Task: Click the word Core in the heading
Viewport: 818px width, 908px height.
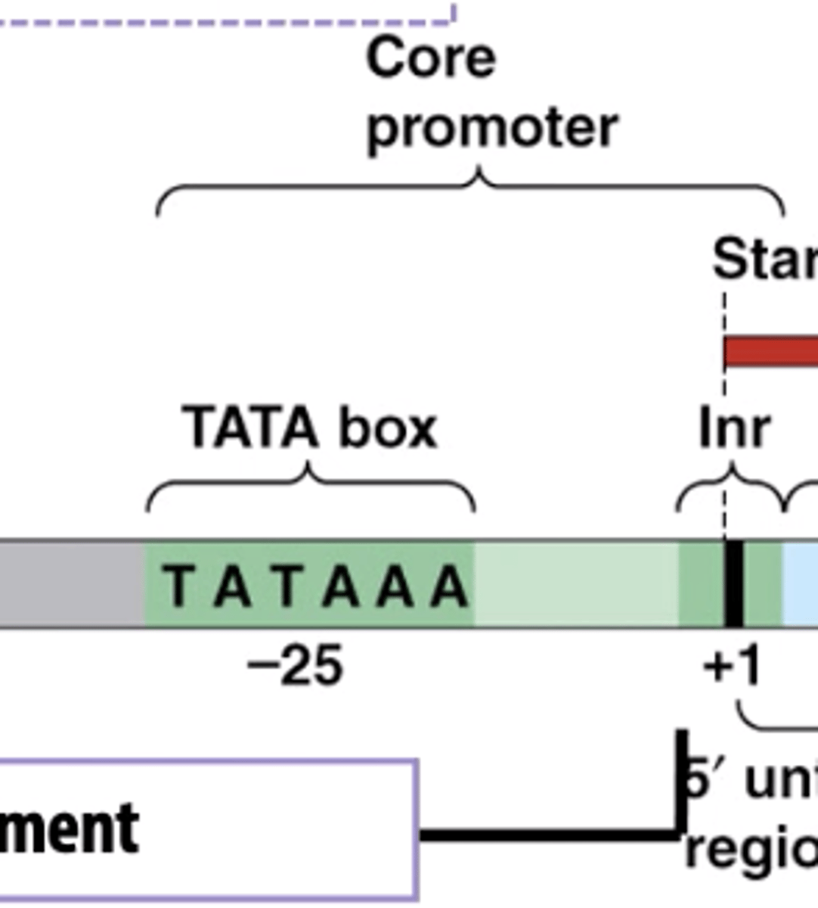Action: click(431, 58)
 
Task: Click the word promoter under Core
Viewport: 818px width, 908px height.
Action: click(492, 127)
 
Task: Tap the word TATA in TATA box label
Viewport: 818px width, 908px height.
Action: click(250, 428)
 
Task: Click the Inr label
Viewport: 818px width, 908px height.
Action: click(734, 429)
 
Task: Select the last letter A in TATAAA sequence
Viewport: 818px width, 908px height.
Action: click(450, 586)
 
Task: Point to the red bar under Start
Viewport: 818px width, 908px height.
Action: click(771, 353)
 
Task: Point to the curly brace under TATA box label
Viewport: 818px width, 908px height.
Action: click(310, 484)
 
